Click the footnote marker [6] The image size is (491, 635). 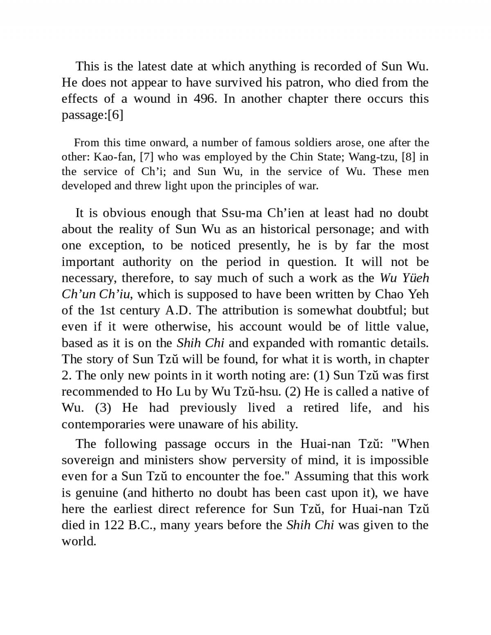click(x=115, y=115)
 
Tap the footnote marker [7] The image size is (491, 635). click(x=146, y=157)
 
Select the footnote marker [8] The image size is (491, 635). click(x=409, y=157)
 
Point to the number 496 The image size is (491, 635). click(x=204, y=99)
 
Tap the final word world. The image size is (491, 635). click(x=79, y=541)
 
